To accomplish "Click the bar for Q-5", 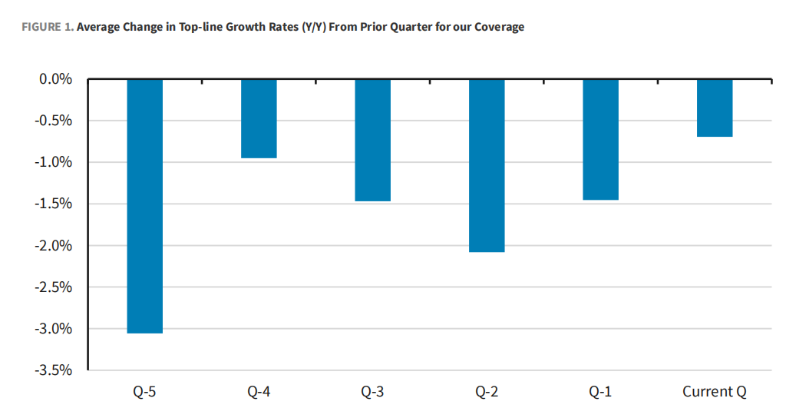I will pyautogui.click(x=145, y=205).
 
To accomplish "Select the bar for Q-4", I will pyautogui.click(x=259, y=118).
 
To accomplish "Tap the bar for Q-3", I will pyautogui.click(x=372, y=140).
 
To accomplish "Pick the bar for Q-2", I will pyautogui.click(x=487, y=165).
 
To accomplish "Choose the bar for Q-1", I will pyautogui.click(x=600, y=139).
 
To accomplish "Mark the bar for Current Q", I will pyautogui.click(x=715, y=108).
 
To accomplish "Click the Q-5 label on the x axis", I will pyautogui.click(x=145, y=392).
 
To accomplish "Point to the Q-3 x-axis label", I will pyautogui.click(x=372, y=392).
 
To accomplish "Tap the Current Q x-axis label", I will pyautogui.click(x=715, y=392).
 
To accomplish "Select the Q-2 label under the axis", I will pyautogui.click(x=487, y=392).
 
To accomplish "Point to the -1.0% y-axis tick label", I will pyautogui.click(x=54, y=162).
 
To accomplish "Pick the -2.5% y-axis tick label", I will pyautogui.click(x=54, y=287).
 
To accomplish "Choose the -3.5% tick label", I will pyautogui.click(x=54, y=370).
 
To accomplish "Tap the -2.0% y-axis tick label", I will pyautogui.click(x=54, y=246).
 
